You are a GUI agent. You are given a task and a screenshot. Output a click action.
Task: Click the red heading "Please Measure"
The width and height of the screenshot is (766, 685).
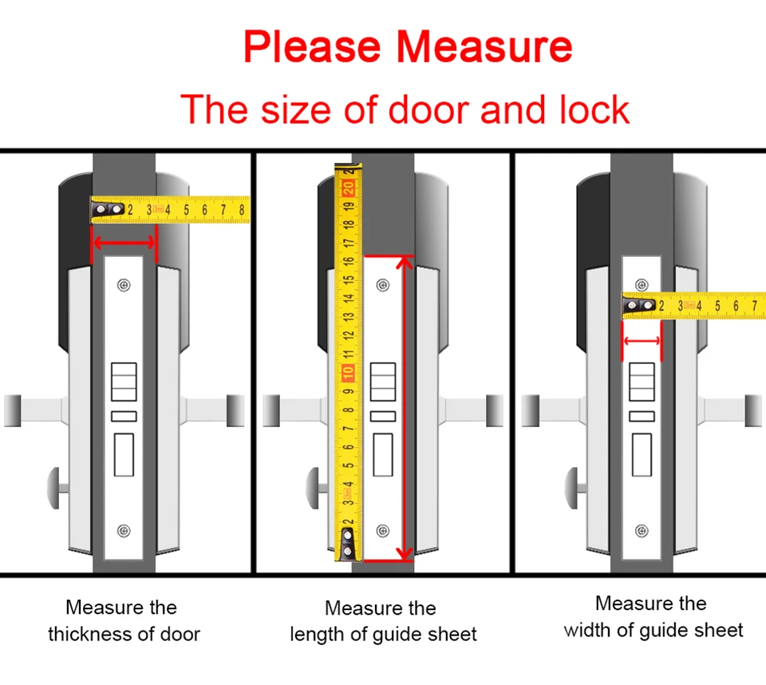tap(408, 47)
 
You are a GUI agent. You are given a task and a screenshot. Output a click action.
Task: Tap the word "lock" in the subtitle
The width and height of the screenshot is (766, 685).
tap(594, 109)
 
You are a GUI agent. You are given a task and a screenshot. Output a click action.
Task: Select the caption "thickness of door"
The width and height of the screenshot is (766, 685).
tap(124, 634)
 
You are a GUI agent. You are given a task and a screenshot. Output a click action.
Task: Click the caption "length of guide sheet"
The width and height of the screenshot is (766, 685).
tap(383, 635)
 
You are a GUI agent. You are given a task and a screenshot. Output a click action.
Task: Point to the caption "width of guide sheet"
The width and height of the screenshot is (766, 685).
tap(653, 630)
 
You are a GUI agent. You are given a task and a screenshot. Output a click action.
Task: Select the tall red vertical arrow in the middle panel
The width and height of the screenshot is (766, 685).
tap(406, 407)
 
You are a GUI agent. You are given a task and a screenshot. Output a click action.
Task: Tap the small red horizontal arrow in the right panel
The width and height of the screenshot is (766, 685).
tap(642, 342)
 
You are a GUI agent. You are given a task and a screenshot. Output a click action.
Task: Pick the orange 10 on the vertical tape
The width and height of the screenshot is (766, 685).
tap(348, 373)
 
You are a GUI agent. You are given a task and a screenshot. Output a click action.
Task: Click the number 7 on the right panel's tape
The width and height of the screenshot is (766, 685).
tap(755, 306)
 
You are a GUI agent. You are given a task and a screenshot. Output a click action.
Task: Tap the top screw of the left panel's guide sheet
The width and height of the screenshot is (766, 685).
tap(123, 285)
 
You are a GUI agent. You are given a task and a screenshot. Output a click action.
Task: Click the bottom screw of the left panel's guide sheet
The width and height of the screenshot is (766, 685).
tap(123, 530)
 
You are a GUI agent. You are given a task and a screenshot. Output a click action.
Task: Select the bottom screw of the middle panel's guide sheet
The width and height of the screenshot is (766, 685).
tap(383, 530)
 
